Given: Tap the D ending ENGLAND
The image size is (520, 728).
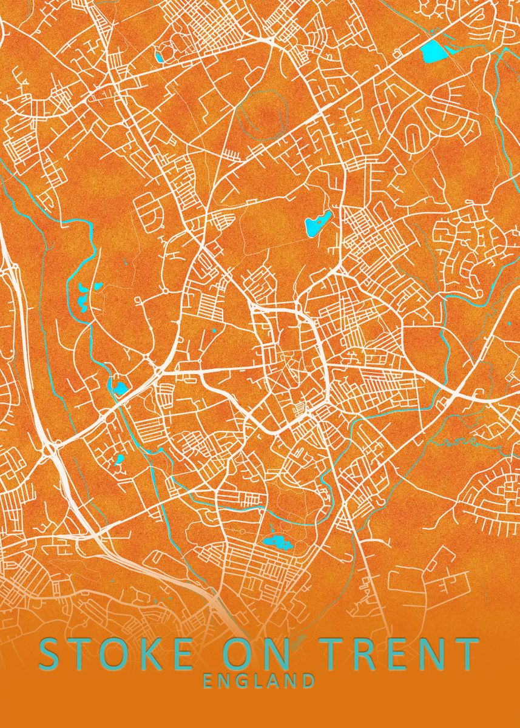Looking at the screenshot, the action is point(309,681).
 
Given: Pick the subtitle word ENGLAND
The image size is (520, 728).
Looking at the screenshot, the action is point(259,681).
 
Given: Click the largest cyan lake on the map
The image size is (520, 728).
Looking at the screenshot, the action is point(434,50).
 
